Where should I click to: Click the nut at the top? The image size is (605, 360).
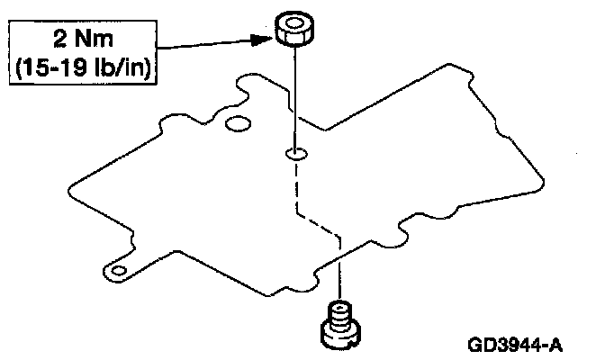295,29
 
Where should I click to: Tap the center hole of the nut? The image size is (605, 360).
295,21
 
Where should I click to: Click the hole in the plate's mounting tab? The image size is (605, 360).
115,267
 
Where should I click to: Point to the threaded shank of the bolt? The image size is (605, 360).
340,315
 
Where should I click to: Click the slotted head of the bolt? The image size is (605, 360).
340,335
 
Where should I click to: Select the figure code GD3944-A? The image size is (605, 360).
516,344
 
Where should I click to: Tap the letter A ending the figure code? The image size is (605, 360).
557,344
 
